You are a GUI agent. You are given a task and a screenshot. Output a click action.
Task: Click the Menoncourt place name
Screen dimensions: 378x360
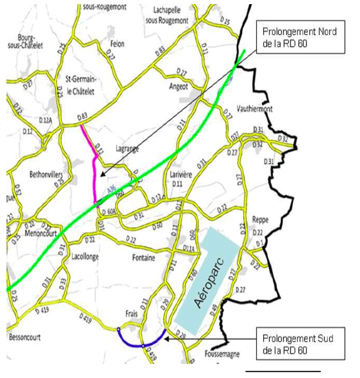pos(43,233)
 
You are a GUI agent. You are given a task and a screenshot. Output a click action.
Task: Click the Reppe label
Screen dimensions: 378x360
pos(260,221)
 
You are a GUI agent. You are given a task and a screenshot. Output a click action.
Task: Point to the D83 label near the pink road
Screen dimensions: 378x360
pos(82,117)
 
